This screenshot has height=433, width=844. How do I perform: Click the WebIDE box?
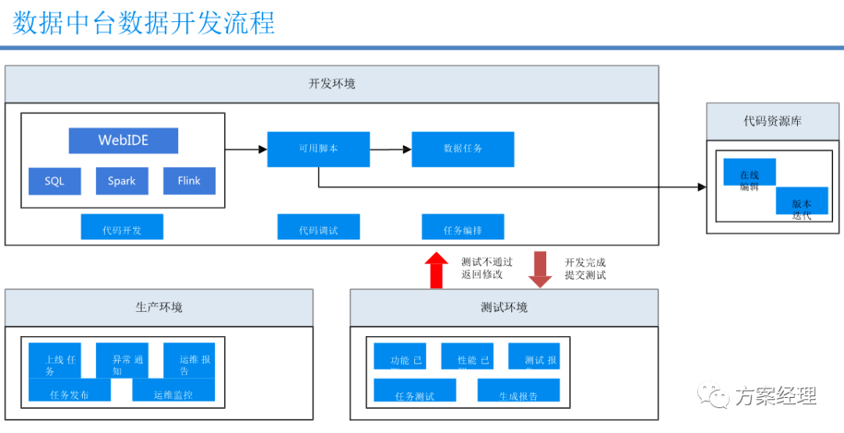123,141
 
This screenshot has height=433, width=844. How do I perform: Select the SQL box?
55,181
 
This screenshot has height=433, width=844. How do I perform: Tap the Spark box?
121,181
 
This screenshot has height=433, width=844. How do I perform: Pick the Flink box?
189,181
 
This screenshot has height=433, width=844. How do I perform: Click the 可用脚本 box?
318,149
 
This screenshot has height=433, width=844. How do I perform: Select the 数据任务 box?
463,149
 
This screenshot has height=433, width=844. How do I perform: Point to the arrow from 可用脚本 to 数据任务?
391,149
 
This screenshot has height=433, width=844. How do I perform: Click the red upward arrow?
436,270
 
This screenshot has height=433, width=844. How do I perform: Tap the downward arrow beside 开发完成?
540,270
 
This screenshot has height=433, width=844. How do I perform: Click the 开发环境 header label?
331,84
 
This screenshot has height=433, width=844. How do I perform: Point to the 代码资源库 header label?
772,121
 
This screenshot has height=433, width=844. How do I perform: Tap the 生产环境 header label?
159,307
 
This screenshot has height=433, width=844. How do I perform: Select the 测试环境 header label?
504,307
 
